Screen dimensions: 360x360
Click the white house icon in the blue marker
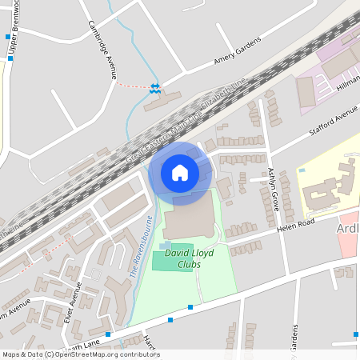click(180, 172)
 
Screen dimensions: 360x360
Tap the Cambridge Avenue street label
click(102, 47)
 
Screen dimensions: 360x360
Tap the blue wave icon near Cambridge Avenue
click(154, 89)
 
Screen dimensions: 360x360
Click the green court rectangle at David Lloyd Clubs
click(173, 257)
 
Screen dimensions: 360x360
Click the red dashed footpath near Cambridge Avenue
click(133, 85)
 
